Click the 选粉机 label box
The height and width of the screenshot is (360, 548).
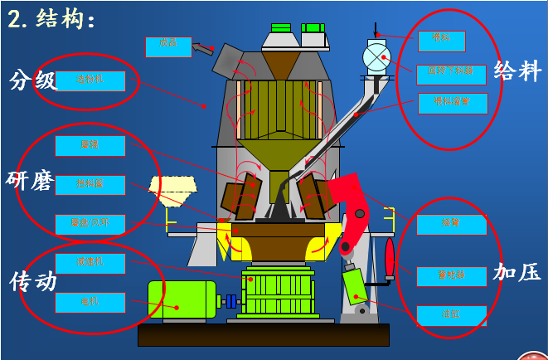point(90,80)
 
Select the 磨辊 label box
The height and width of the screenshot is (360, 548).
point(90,146)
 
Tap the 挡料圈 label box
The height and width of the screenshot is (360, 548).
point(90,184)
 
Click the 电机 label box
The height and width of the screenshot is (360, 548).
point(90,302)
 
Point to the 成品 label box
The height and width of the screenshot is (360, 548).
point(168,46)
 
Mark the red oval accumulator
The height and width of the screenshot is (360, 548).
point(390,257)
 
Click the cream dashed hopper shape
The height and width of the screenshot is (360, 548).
point(172,189)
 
